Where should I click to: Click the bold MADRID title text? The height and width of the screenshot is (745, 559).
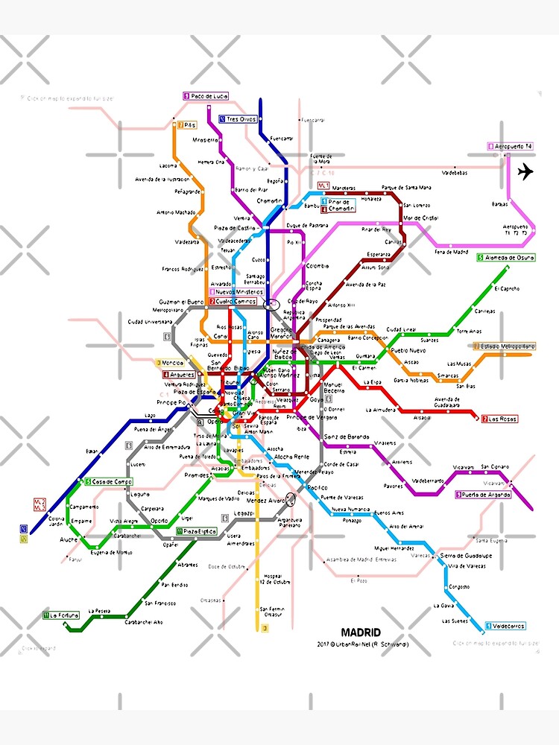(361, 632)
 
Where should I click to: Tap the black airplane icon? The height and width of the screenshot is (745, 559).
(525, 171)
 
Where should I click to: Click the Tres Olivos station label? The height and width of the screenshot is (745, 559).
(241, 118)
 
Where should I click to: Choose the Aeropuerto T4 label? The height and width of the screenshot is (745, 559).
(514, 146)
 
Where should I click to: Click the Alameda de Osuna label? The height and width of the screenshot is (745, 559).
(509, 258)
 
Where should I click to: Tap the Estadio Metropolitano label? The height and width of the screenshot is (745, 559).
(507, 346)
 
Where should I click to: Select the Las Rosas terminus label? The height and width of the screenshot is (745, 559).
(502, 419)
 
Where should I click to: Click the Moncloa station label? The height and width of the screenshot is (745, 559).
(172, 363)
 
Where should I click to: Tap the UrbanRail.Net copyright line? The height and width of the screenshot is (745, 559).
(362, 644)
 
